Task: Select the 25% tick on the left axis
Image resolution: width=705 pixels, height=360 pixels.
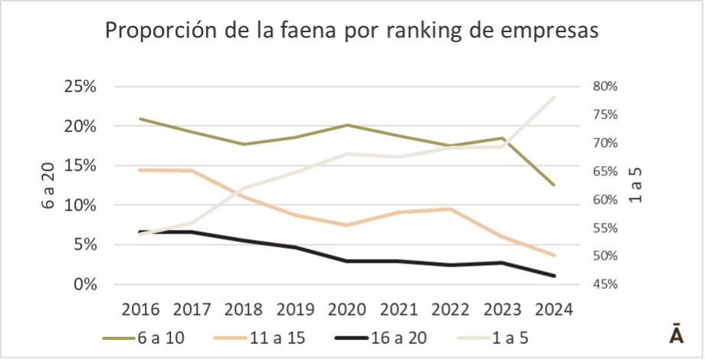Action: click(x=79, y=87)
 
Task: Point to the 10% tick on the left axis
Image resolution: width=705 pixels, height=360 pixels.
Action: click(x=79, y=205)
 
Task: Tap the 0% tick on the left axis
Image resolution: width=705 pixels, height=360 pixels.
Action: click(x=84, y=285)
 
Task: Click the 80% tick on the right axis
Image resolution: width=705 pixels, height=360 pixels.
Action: click(x=605, y=87)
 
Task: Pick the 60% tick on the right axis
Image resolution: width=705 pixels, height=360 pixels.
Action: click(x=605, y=200)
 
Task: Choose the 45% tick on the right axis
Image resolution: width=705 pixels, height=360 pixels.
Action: click(x=605, y=285)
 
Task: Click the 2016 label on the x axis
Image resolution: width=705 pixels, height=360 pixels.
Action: click(x=140, y=309)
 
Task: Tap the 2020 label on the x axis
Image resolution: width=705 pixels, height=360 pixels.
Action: click(x=348, y=309)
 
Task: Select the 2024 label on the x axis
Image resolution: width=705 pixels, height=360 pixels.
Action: click(x=554, y=309)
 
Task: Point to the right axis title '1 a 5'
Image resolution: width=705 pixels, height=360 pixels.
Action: click(x=634, y=186)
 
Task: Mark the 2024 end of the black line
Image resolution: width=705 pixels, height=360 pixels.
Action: click(x=553, y=276)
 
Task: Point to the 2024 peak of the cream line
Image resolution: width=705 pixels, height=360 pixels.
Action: click(x=553, y=97)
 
